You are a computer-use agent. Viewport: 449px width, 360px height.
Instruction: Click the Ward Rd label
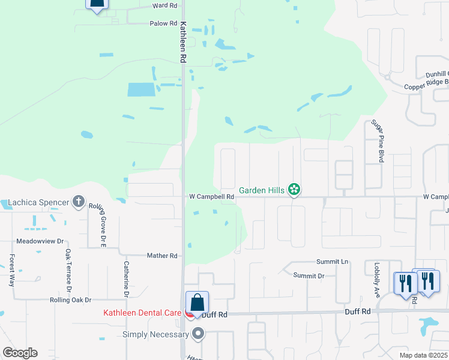pyautogui.click(x=165, y=5)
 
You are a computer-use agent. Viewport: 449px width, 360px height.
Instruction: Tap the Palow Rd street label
pyautogui.click(x=164, y=24)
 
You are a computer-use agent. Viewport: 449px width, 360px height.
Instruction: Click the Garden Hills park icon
pyautogui.click(x=294, y=190)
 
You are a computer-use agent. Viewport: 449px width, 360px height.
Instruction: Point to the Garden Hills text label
pyautogui.click(x=262, y=191)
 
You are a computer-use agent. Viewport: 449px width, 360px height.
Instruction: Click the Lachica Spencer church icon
pyautogui.click(x=79, y=202)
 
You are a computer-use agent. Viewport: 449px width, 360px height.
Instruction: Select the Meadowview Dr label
pyautogui.click(x=40, y=241)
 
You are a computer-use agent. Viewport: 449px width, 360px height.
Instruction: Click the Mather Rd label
pyautogui.click(x=162, y=256)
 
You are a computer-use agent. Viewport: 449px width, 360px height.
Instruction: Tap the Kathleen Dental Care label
pyautogui.click(x=142, y=313)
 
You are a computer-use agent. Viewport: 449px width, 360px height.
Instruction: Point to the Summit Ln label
pyautogui.click(x=333, y=262)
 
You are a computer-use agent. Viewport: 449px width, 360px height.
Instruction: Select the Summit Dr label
pyautogui.click(x=309, y=275)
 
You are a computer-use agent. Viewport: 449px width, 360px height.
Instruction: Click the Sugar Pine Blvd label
pyautogui.click(x=378, y=141)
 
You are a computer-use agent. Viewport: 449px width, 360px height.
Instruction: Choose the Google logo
pyautogui.click(x=20, y=353)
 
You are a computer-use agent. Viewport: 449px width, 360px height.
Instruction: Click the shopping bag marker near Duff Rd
pyautogui.click(x=197, y=303)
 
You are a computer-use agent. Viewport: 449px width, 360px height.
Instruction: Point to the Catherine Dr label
pyautogui.click(x=127, y=278)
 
